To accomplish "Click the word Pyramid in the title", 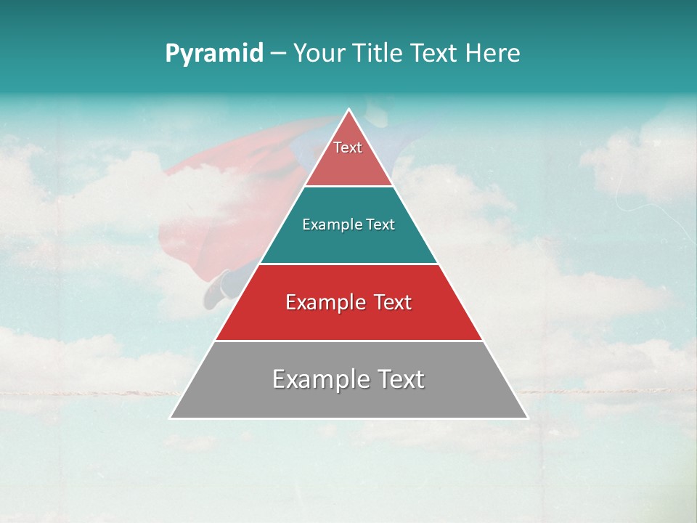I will click(x=213, y=54).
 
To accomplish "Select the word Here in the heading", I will click(x=493, y=54).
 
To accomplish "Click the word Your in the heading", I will click(x=318, y=54).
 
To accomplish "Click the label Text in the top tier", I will click(x=348, y=147).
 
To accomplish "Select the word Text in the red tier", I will click(x=388, y=302).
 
